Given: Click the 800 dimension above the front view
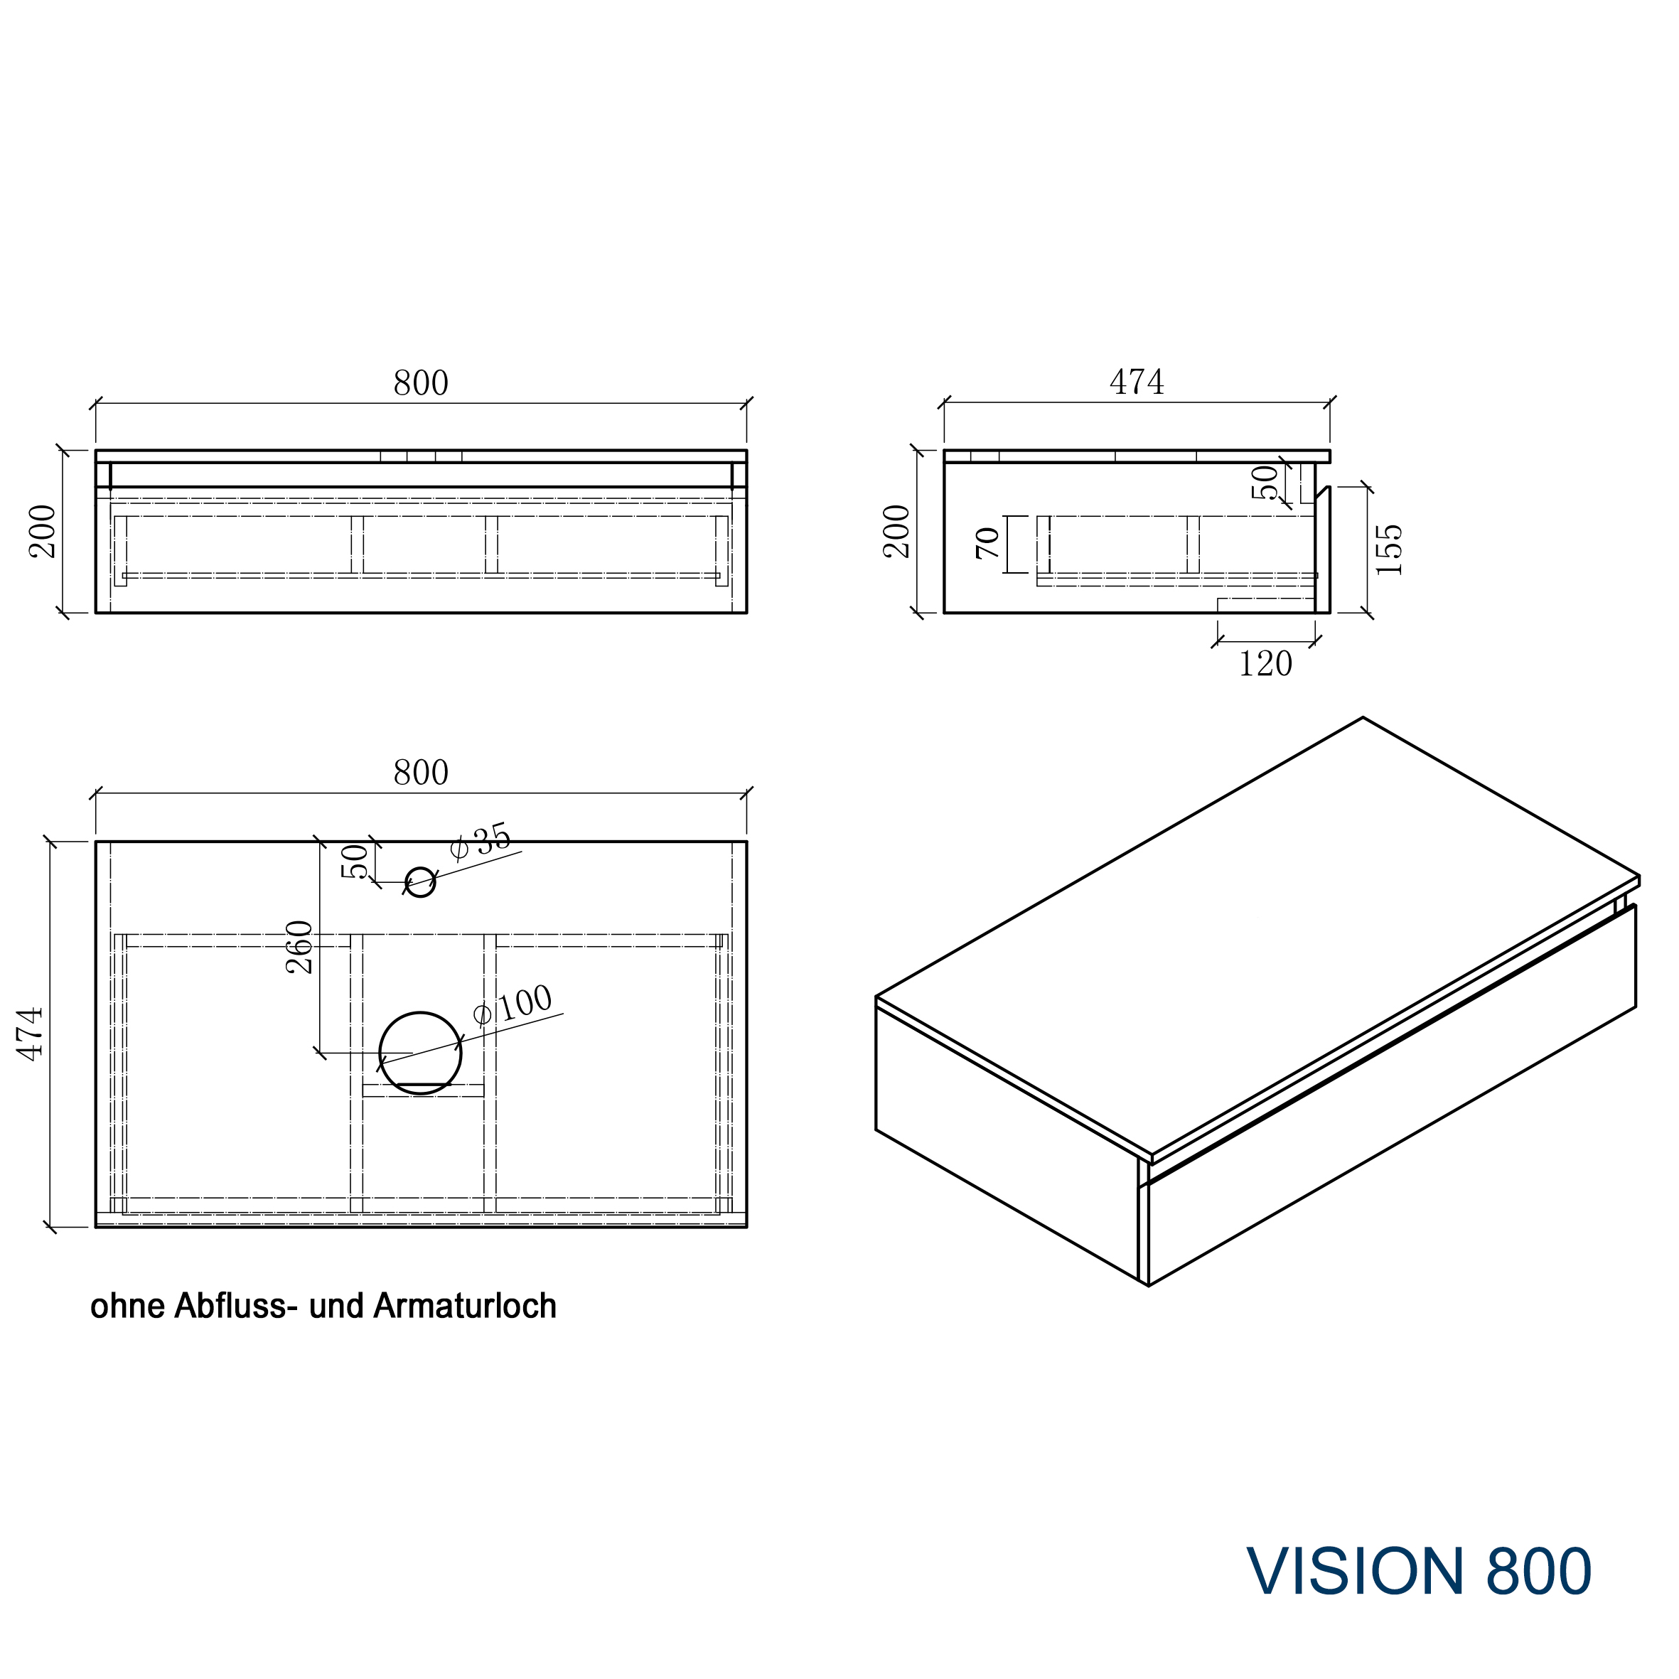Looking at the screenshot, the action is pyautogui.click(x=421, y=383).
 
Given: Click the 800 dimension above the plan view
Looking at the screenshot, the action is pyautogui.click(x=421, y=773).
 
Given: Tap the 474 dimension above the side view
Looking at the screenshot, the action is pyautogui.click(x=1137, y=382).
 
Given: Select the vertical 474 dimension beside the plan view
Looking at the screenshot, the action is pyautogui.click(x=31, y=1034).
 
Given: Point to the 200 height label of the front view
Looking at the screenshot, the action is pyautogui.click(x=43, y=532).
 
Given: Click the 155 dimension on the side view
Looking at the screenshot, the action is pyautogui.click(x=1389, y=549).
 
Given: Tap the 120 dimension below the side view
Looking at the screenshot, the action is pyautogui.click(x=1265, y=665).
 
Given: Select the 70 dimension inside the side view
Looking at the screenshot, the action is pyautogui.click(x=988, y=543).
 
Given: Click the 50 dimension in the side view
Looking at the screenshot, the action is pyautogui.click(x=1265, y=483).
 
